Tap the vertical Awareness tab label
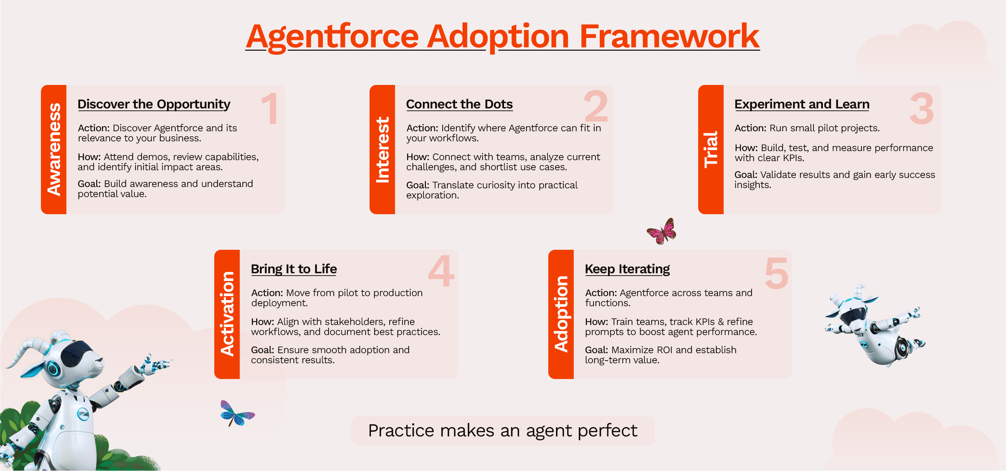[54, 149]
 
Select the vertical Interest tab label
[382, 150]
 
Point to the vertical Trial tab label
[711, 150]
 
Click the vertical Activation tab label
[227, 314]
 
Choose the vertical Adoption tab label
[561, 314]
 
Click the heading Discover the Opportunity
[154, 104]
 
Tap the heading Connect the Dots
[459, 104]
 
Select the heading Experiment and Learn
[802, 104]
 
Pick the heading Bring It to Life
[294, 269]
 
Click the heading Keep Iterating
[627, 269]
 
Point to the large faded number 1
[270, 108]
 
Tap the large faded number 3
[921, 108]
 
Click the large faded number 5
[776, 273]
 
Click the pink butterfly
[662, 231]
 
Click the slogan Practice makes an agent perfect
[503, 430]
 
